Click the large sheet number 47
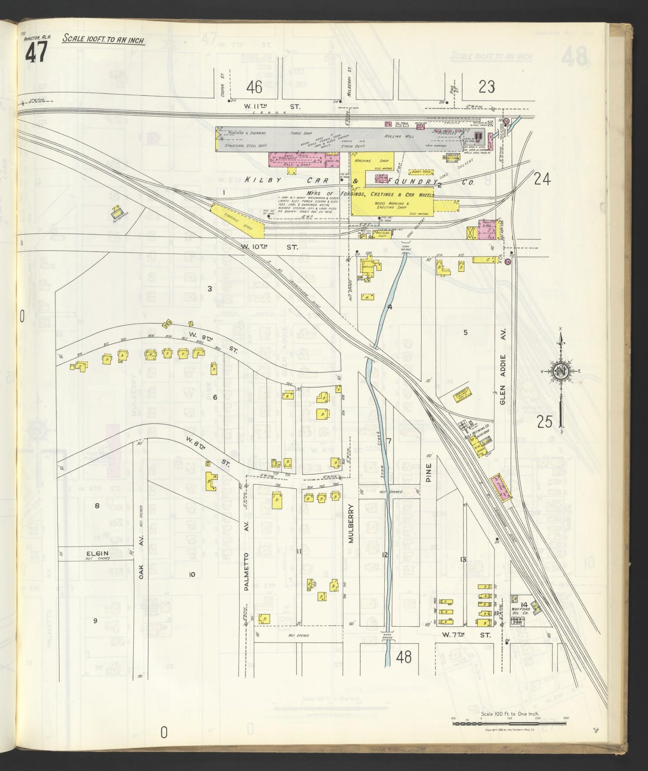pos(36,54)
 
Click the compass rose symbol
pos(561,371)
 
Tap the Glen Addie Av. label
pos(503,380)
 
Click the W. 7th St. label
pos(466,635)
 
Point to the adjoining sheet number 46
pos(254,87)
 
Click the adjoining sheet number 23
pos(486,86)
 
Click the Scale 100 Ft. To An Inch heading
pos(103,39)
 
